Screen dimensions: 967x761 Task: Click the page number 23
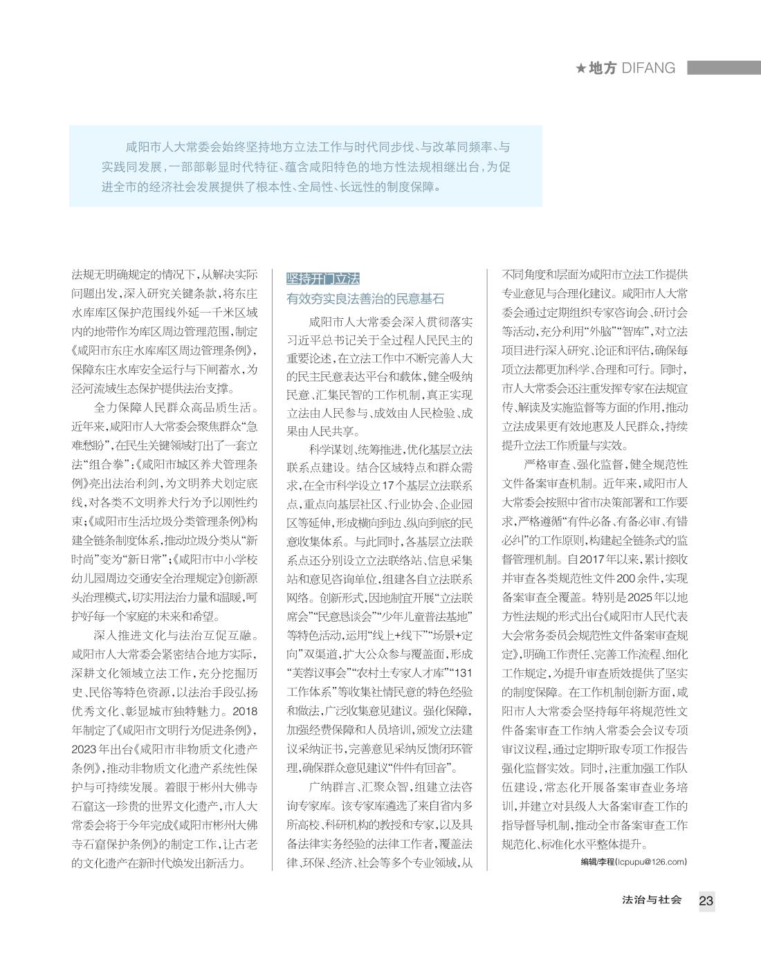pyautogui.click(x=706, y=901)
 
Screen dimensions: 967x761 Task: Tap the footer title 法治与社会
pyautogui.click(x=652, y=900)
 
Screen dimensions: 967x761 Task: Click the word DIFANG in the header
pyautogui.click(x=648, y=68)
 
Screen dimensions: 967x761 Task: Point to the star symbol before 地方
pyautogui.click(x=581, y=68)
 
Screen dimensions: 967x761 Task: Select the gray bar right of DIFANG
pyautogui.click(x=724, y=68)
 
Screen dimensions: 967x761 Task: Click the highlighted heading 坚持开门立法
pyautogui.click(x=323, y=279)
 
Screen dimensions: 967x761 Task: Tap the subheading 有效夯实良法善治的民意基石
pyautogui.click(x=365, y=300)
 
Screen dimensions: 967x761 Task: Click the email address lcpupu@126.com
pyautogui.click(x=656, y=861)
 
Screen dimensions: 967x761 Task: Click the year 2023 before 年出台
pyautogui.click(x=85, y=749)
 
